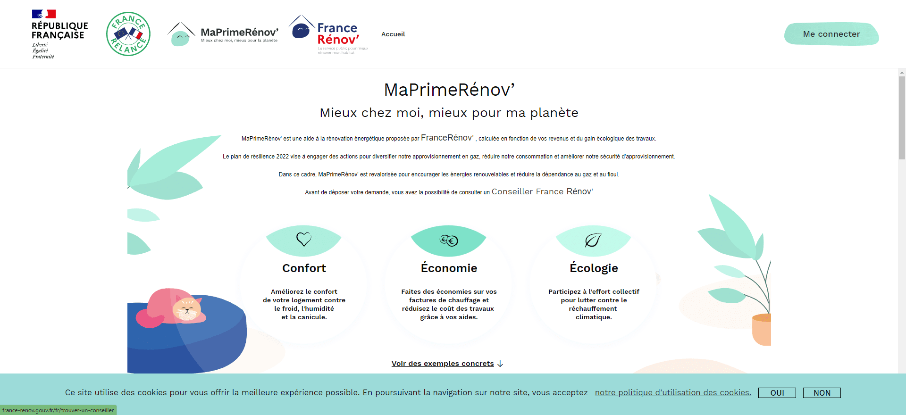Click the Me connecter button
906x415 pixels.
pos(831,34)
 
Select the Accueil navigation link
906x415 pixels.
pos(393,34)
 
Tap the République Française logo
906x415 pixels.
pos(59,34)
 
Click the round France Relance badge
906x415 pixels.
pos(128,34)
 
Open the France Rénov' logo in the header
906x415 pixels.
pos(329,34)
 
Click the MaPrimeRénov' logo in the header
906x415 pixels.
pos(223,33)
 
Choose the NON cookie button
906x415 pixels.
pos(822,393)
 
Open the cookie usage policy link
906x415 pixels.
pos(673,392)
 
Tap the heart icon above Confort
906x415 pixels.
pos(304,239)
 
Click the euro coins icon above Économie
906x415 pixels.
pos(449,241)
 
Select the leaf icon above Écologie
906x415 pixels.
pos(593,240)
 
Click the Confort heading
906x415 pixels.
pos(304,268)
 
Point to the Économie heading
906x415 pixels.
pos(449,268)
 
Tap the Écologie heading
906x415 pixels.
pos(594,268)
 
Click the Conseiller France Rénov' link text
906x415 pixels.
pos(542,191)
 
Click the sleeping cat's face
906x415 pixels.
pos(187,309)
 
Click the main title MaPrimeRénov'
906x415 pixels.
pos(449,90)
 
